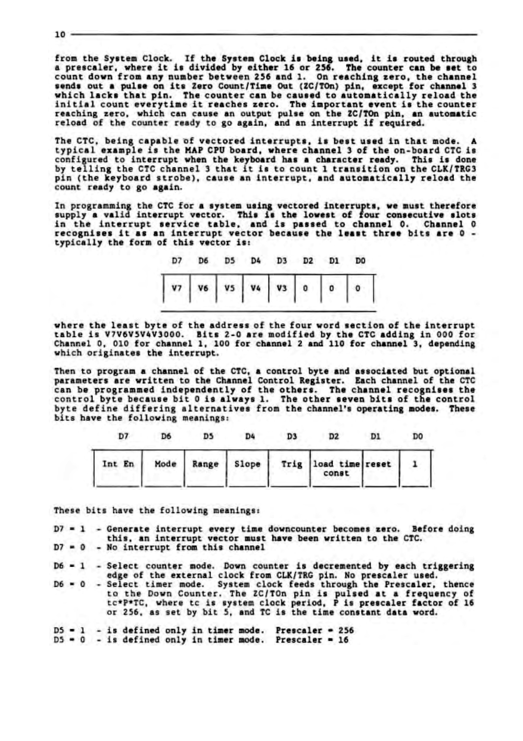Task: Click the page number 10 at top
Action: (x=59, y=35)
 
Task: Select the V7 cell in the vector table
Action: (x=176, y=288)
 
